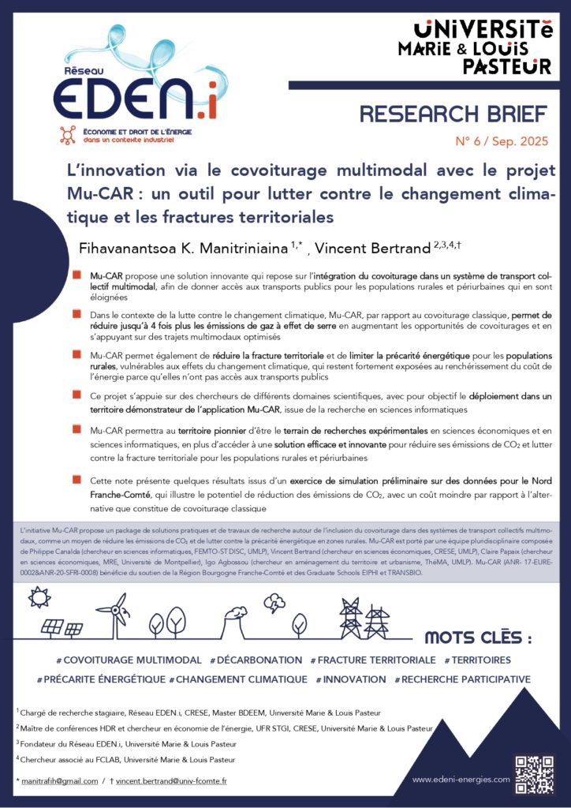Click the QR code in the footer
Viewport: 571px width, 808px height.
pyautogui.click(x=534, y=775)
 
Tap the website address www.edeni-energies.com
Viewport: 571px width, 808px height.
pyautogui.click(x=461, y=780)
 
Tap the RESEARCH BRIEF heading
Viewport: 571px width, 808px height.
pyautogui.click(x=453, y=114)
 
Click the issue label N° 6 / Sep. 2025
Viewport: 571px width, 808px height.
pyautogui.click(x=500, y=144)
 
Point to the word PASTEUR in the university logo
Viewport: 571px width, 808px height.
pyautogui.click(x=506, y=65)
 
